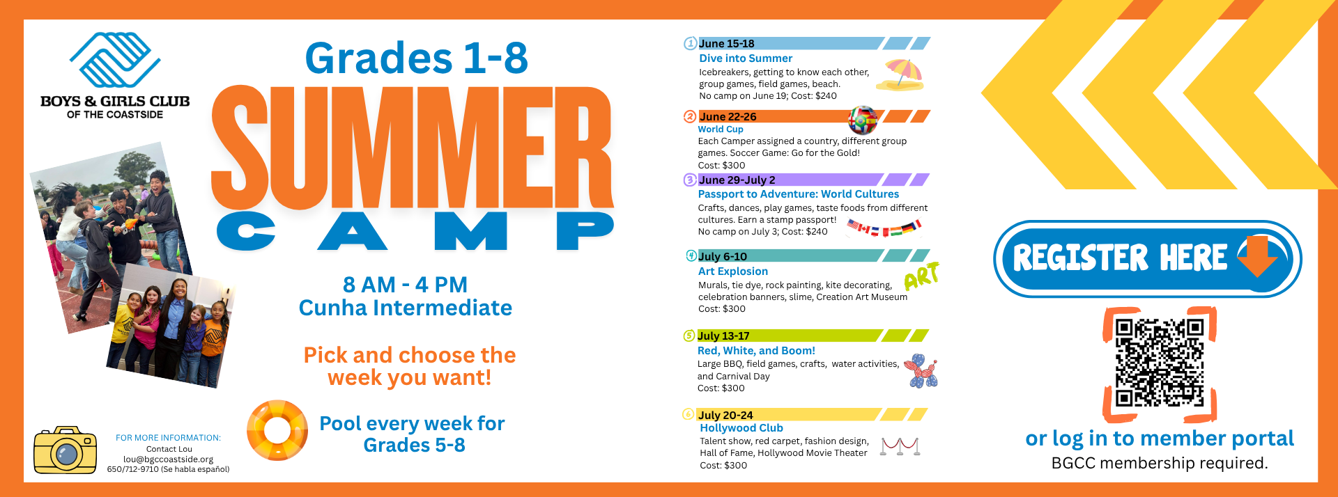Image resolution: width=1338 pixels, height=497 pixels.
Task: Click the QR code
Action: coord(1160,363)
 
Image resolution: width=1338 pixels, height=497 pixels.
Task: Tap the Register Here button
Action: coord(1147,258)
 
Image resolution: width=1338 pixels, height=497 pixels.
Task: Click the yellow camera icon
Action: coord(66,450)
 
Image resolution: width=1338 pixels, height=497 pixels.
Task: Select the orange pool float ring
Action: coord(277,430)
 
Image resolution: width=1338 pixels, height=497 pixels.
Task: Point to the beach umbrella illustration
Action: coord(900,75)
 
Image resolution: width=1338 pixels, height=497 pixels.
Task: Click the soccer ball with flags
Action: coord(863,120)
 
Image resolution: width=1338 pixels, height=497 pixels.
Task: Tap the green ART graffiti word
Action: coord(921,276)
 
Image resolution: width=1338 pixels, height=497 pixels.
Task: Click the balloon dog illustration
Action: coord(921,371)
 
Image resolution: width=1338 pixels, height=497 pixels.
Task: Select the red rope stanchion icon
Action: coord(900,446)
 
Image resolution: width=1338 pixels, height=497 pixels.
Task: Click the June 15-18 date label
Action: coord(727,43)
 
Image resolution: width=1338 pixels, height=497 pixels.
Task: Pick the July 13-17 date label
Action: coord(723,336)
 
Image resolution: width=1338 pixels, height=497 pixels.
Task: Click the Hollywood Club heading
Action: coord(741,428)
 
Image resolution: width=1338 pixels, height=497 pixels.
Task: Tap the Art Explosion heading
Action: coord(733,271)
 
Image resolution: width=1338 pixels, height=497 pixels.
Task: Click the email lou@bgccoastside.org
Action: coord(169,459)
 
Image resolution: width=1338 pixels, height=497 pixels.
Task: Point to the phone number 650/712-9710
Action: coord(133,469)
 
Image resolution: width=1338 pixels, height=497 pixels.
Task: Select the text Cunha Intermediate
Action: coord(406,308)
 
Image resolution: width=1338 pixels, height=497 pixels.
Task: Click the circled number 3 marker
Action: coord(690,180)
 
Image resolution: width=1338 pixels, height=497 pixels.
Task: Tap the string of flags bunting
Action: coord(884,228)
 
